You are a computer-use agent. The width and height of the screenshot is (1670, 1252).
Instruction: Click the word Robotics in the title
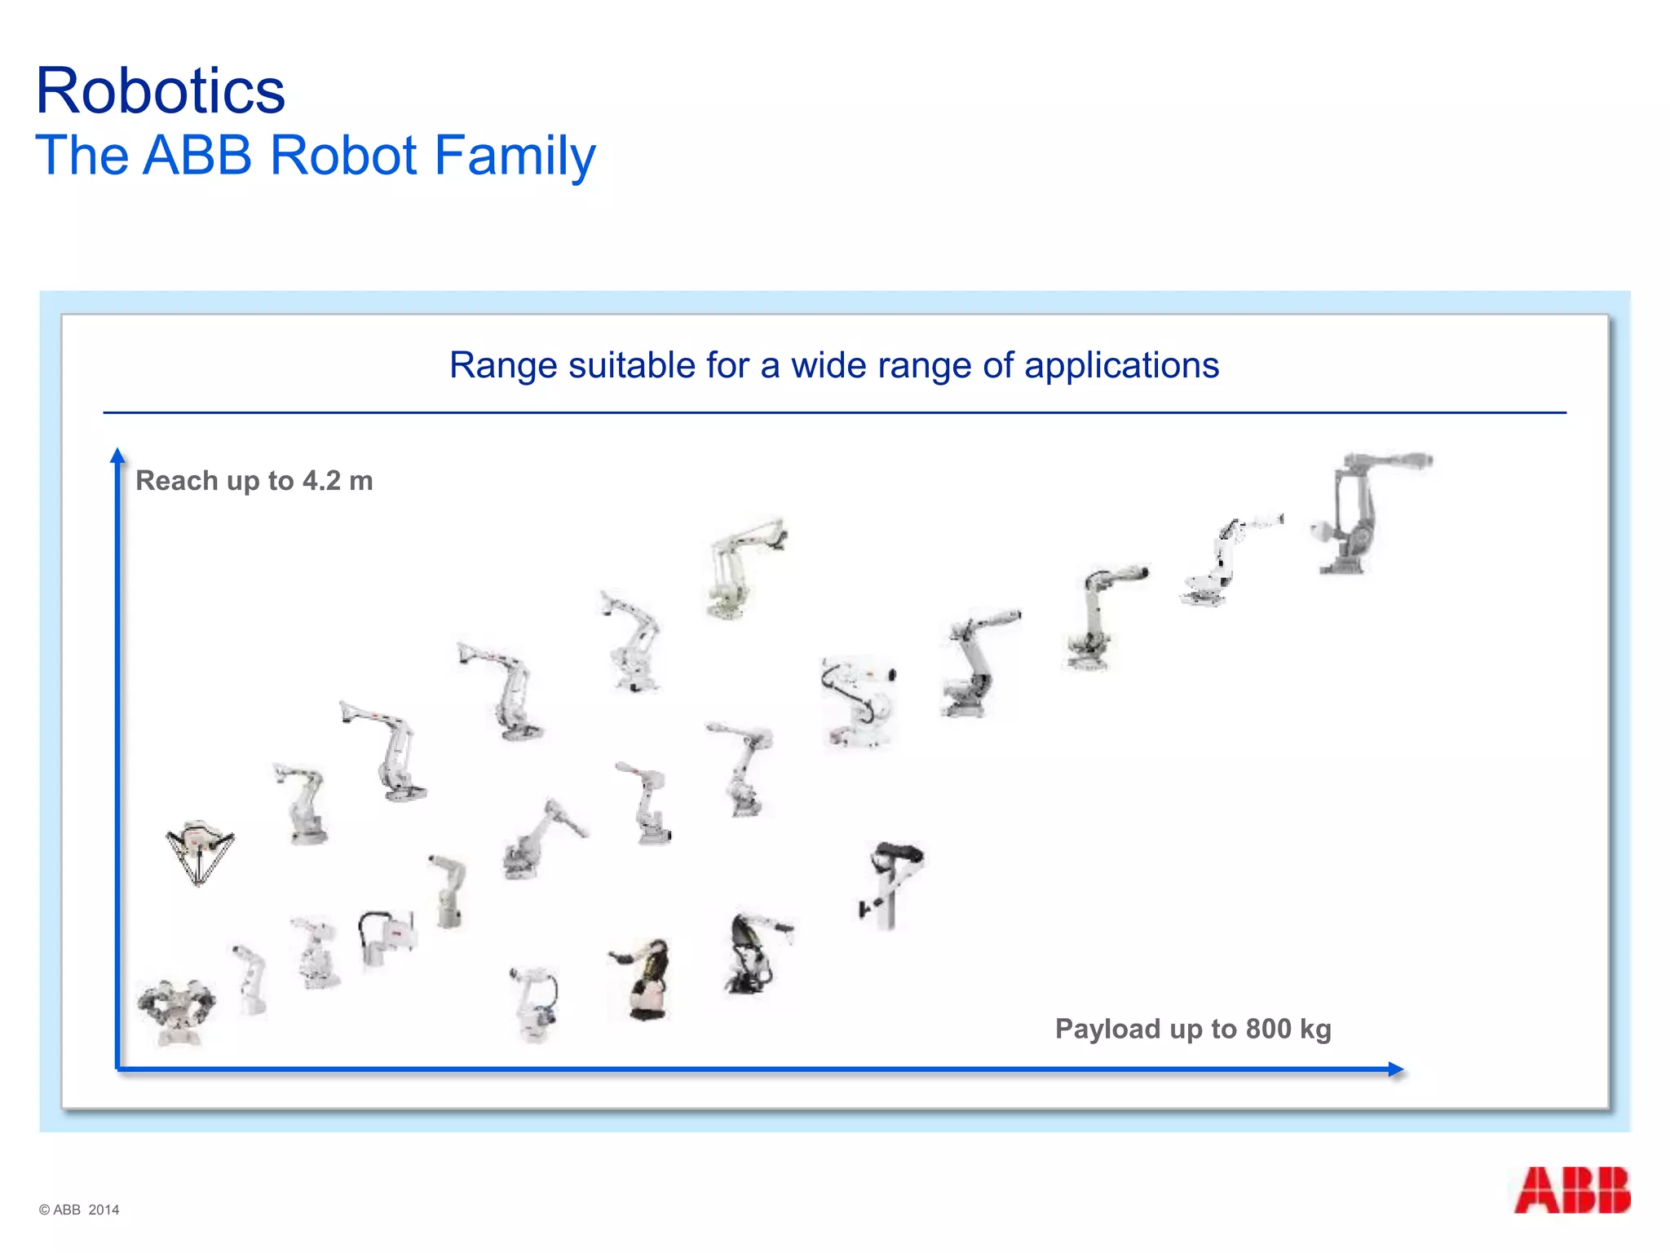coord(161,91)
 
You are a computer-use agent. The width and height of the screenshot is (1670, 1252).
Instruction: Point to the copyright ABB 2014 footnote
coord(79,1210)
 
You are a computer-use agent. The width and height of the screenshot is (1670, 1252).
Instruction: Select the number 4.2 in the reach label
coord(321,481)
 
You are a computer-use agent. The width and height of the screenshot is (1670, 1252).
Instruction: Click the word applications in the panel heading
coord(1121,365)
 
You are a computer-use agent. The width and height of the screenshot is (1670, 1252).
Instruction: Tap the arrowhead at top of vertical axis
coord(117,455)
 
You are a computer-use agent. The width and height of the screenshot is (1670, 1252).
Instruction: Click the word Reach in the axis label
coord(175,481)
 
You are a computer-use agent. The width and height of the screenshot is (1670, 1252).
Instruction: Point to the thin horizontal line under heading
coord(834,412)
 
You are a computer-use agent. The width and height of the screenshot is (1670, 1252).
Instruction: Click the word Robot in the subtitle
coord(343,155)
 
